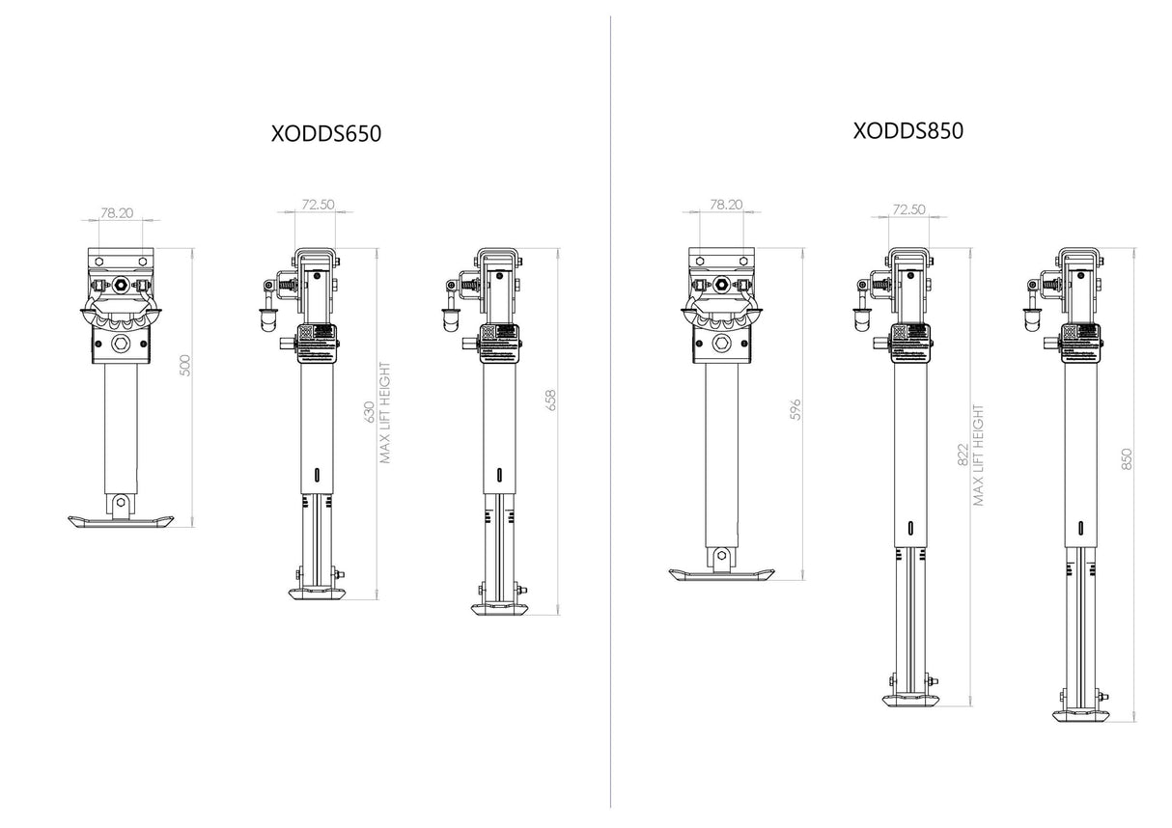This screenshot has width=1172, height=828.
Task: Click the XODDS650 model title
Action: pos(326,134)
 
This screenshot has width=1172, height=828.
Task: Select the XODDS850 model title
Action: pos(907,130)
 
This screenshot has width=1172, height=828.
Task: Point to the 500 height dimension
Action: pos(187,366)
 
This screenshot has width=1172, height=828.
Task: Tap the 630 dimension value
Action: pos(366,412)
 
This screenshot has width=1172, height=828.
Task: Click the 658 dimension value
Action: pos(551,400)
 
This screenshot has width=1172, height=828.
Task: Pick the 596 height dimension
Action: pos(795,409)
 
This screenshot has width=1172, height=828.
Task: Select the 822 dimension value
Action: pos(962,455)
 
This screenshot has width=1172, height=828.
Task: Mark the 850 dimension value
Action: pos(1127,459)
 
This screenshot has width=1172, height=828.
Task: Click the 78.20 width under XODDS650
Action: pos(117,213)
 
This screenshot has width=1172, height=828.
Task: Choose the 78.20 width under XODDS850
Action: pos(725,205)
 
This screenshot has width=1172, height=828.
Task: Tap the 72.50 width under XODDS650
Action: pos(318,205)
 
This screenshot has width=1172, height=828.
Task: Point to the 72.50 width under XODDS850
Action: pos(908,208)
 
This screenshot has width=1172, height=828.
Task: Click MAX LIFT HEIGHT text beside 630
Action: pos(385,412)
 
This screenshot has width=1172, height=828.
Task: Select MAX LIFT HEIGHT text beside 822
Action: pos(979,455)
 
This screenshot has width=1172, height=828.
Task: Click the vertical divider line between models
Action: pos(610,414)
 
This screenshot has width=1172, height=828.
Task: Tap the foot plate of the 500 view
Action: pos(122,522)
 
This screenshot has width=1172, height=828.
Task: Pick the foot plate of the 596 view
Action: pos(722,575)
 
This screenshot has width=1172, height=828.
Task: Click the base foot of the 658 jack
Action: pos(499,608)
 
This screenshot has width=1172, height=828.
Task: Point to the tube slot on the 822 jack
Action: pos(910,528)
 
